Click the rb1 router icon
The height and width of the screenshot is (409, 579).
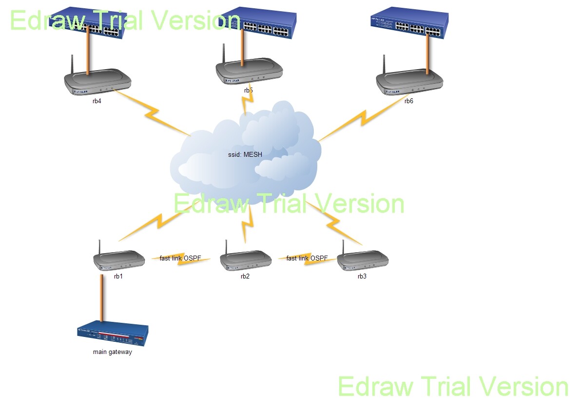[120, 260]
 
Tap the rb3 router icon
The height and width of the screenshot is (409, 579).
[363, 260]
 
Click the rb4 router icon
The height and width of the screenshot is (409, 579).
[98, 82]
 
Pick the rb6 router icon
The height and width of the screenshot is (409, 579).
[409, 82]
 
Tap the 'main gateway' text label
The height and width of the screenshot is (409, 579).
[113, 352]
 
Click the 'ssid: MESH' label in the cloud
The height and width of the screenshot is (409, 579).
[245, 155]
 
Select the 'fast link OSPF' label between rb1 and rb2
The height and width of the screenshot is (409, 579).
[180, 258]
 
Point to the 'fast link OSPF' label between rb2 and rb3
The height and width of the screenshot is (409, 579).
[307, 258]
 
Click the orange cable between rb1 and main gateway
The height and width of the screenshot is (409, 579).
[101, 298]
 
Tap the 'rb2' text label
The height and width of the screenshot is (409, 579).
[245, 277]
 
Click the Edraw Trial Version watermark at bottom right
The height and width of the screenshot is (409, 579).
[453, 387]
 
